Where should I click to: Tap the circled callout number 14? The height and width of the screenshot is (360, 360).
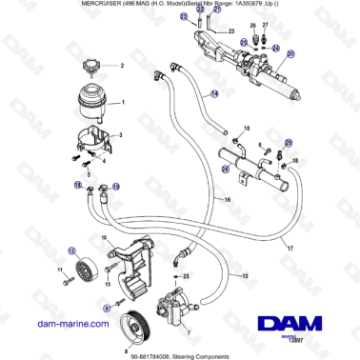tap(214, 94)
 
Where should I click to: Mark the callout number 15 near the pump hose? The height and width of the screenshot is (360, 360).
tap(248, 276)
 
